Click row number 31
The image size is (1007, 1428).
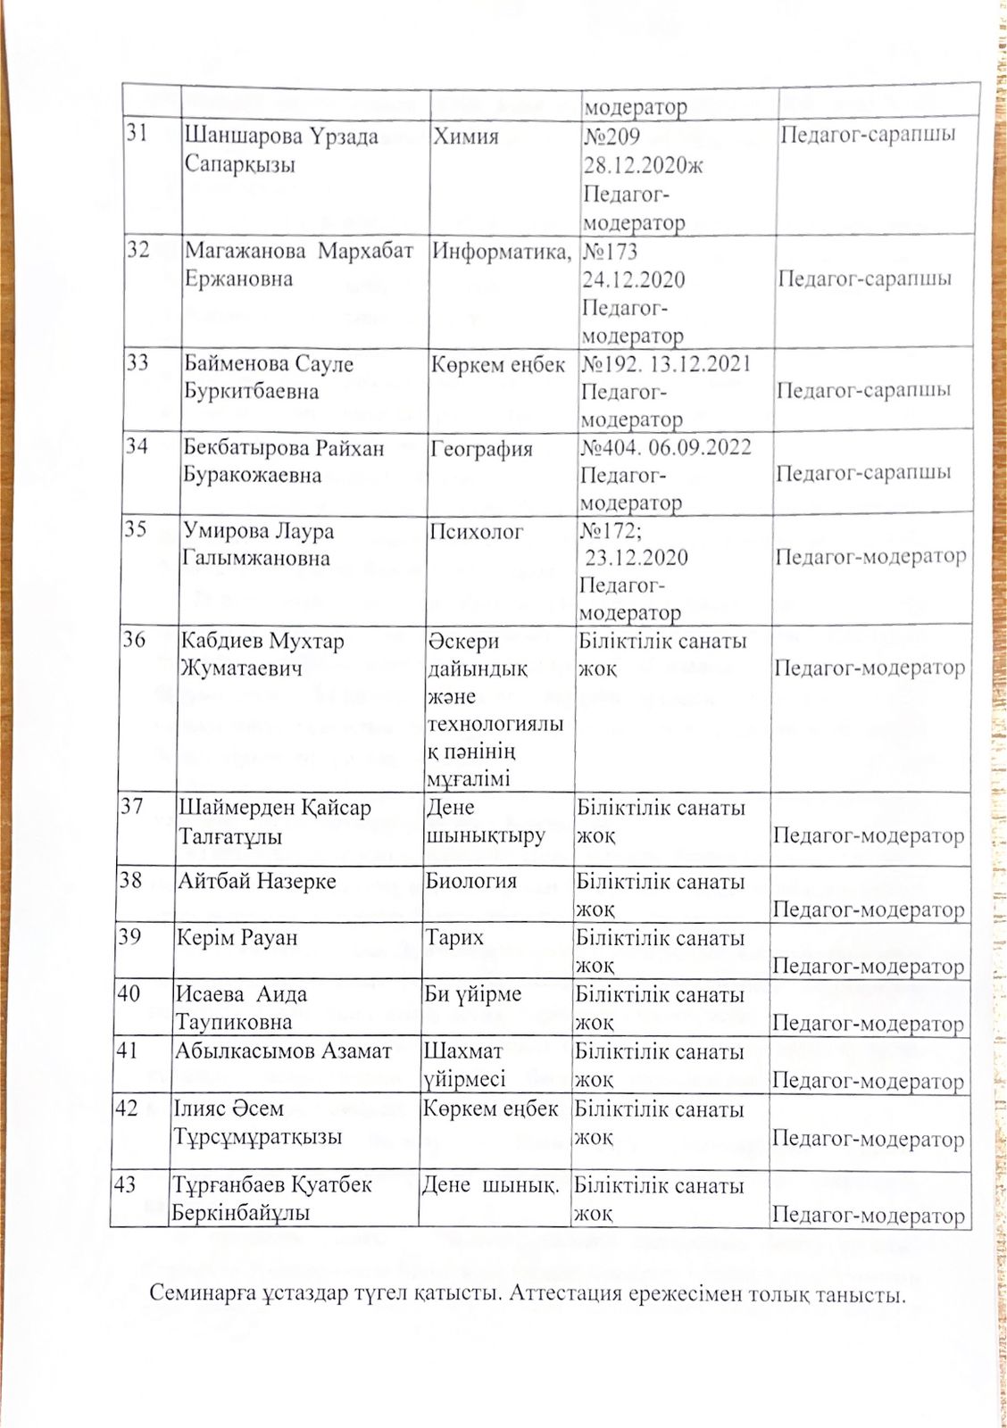[137, 135]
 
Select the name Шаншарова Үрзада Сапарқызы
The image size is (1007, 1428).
[280, 150]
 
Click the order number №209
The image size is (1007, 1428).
[612, 137]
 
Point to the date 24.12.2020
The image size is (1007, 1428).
[633, 279]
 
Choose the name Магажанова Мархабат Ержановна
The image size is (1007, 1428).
[298, 264]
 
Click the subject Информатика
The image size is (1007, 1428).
[500, 252]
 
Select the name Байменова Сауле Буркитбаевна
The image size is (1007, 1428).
[269, 377]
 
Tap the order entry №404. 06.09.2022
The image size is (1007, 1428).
[666, 446]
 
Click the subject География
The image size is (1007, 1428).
[481, 448]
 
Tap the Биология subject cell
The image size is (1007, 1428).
[470, 881]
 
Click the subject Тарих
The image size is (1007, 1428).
[454, 937]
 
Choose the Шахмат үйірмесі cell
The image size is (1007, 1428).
[464, 1065]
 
